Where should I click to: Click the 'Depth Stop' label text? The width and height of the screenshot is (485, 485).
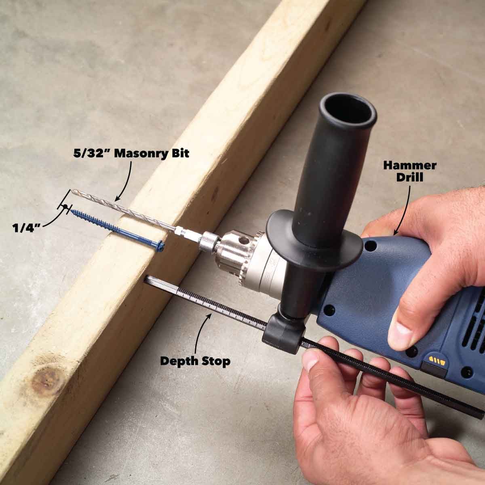[195, 361]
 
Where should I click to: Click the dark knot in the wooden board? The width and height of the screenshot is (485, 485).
[48, 380]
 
